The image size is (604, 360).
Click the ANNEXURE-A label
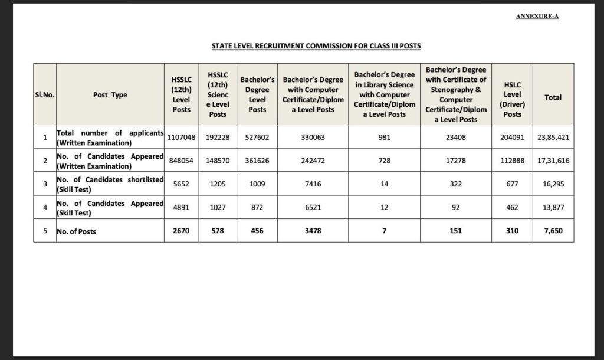[x=537, y=17]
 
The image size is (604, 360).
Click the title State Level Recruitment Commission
[x=316, y=45]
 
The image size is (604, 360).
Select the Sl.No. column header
[x=45, y=94]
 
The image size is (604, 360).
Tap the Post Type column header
[x=110, y=94]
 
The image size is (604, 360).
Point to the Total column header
[x=553, y=97]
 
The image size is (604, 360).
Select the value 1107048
[x=181, y=137]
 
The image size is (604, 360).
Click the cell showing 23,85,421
[x=553, y=137]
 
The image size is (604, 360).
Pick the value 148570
[x=218, y=161]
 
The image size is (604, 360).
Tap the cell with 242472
[x=313, y=161]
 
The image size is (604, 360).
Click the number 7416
[x=313, y=184]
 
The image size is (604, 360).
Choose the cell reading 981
[x=384, y=137]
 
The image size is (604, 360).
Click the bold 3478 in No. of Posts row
[x=313, y=231]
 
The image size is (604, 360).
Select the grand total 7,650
[x=553, y=231]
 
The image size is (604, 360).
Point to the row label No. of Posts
[x=77, y=231]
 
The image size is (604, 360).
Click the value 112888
[x=512, y=161]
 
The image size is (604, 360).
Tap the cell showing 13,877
[x=553, y=208]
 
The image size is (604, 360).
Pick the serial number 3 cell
[x=45, y=184]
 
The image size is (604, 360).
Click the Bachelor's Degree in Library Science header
[x=384, y=94]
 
